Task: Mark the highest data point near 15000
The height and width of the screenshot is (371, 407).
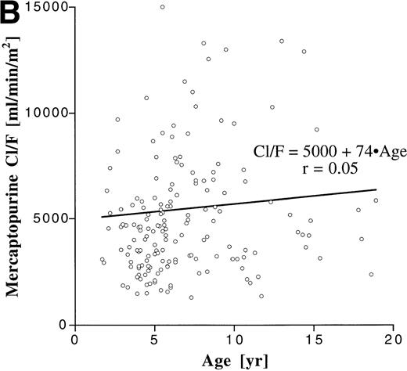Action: coord(162,7)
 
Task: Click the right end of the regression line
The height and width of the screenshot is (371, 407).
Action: coord(376,189)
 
